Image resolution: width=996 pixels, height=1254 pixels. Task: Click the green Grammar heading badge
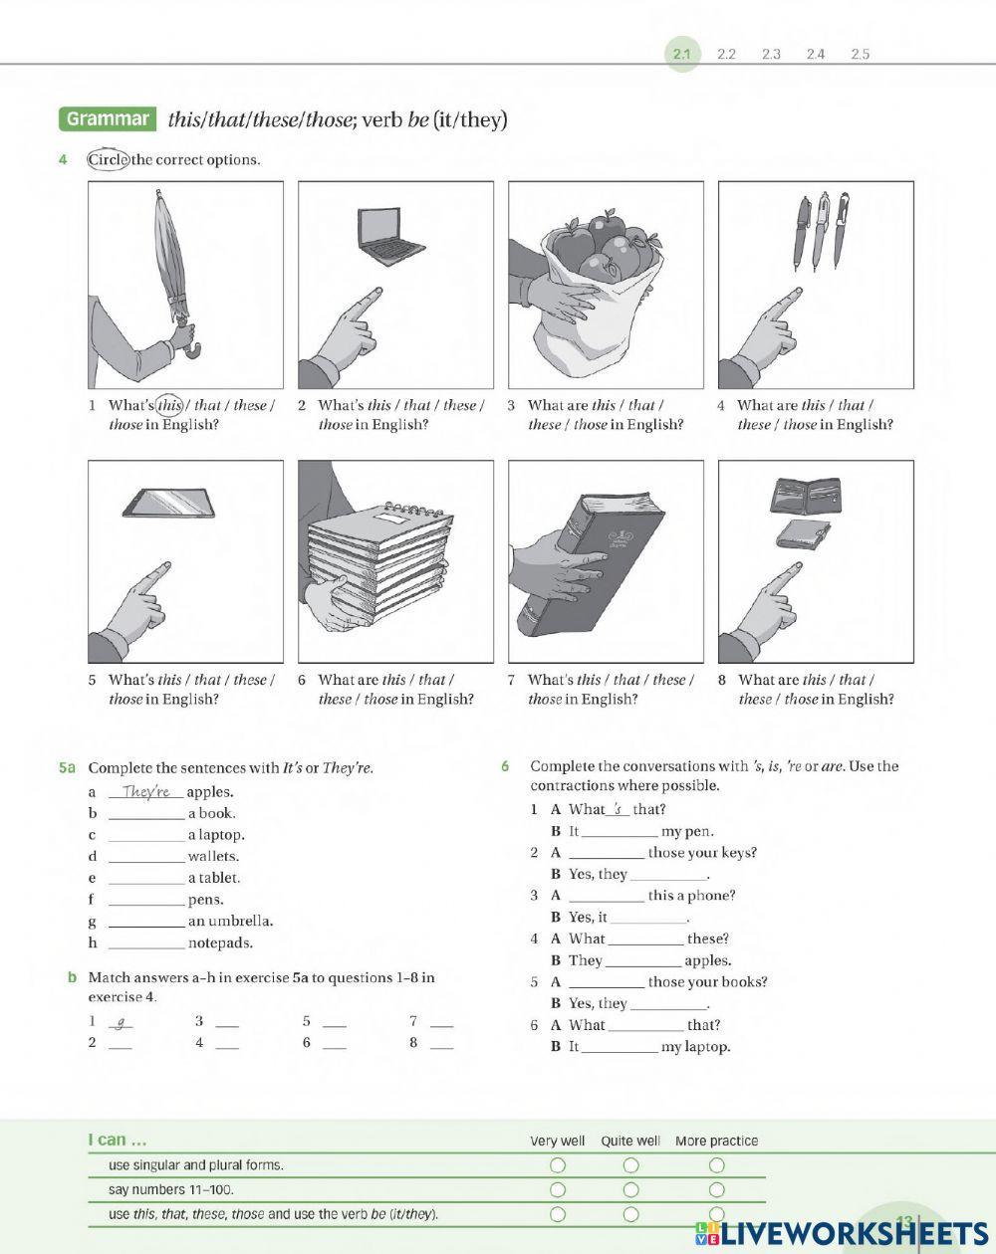(108, 119)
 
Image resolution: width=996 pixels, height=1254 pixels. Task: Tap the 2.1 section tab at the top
(681, 54)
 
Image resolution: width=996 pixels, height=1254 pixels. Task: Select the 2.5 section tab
(860, 54)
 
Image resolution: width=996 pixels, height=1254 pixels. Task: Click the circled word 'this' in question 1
(170, 405)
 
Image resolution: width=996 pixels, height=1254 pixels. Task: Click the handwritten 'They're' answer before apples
(146, 792)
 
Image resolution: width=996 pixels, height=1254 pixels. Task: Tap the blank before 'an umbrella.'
(146, 922)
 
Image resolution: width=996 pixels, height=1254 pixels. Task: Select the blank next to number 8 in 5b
(441, 1044)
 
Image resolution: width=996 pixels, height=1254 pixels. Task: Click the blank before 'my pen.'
(619, 832)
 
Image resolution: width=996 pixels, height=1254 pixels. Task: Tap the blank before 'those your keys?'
(606, 854)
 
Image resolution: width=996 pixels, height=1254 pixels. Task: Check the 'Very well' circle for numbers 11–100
(558, 1189)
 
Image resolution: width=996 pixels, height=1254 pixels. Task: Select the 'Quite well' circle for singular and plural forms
(630, 1164)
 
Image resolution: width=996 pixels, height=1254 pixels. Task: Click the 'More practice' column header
(716, 1141)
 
